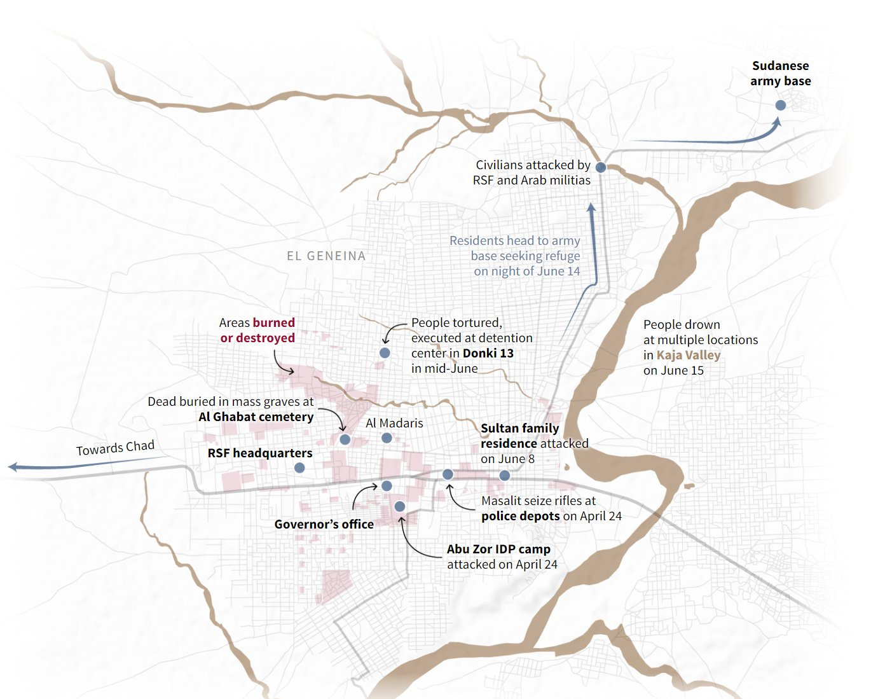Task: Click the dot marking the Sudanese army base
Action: coord(780,105)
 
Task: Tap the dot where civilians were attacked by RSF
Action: coord(600,167)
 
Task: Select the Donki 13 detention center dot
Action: coord(385,352)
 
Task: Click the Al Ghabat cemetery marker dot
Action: coord(345,439)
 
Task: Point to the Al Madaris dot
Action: coord(387,438)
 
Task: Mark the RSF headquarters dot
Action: coord(299,467)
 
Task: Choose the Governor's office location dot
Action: coord(387,486)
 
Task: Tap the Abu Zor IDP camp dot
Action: coord(399,506)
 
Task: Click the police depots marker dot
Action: coord(448,474)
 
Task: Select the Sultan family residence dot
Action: coord(504,475)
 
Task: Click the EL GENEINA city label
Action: coord(326,256)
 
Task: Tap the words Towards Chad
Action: coord(115,448)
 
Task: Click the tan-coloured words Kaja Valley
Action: coord(689,355)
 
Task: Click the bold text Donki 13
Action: coord(488,353)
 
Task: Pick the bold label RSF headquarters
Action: coord(259,453)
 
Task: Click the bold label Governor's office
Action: coord(324,524)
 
